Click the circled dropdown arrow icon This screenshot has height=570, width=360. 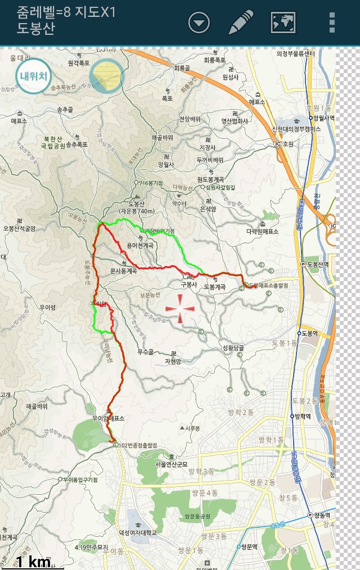coord(199,22)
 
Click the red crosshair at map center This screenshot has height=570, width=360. coord(181,309)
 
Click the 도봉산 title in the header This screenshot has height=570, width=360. coord(36,29)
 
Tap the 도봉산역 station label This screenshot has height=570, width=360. coord(318,264)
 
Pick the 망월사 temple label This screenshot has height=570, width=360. coord(167,164)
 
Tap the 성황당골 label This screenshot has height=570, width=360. coord(233,348)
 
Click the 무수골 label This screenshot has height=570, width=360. coord(145,352)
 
